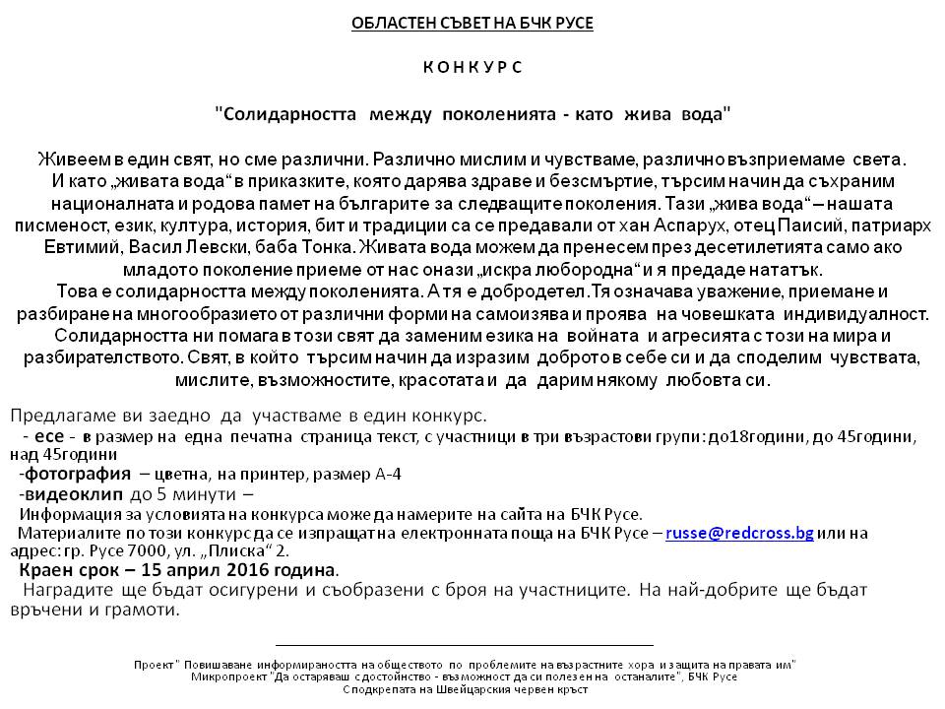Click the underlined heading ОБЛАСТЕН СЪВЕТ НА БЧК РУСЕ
tap(472, 23)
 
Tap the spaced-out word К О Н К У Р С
tap(472, 67)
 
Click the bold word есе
tap(48, 435)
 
